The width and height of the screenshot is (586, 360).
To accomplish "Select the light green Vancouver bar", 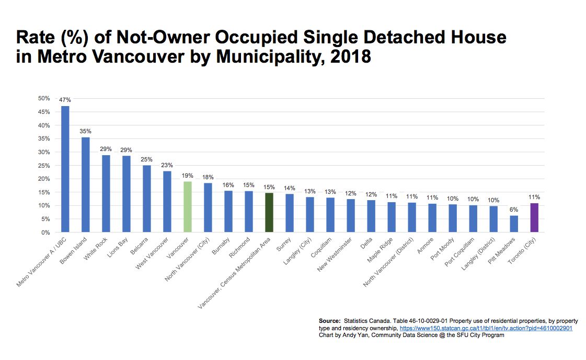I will click(188, 206).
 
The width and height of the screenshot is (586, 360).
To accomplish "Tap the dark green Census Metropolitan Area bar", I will click(269, 212).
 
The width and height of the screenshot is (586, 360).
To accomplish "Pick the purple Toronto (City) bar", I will click(534, 217).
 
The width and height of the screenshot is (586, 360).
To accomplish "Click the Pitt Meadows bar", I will click(514, 224).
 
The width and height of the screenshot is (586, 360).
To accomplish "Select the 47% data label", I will click(65, 100).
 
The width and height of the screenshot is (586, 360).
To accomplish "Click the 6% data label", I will click(514, 210).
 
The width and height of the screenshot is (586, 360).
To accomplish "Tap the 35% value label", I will click(85, 131).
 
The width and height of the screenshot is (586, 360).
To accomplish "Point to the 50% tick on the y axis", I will click(44, 98).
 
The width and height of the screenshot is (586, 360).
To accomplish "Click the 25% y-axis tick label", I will click(44, 166).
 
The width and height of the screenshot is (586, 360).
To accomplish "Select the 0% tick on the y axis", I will click(45, 233).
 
